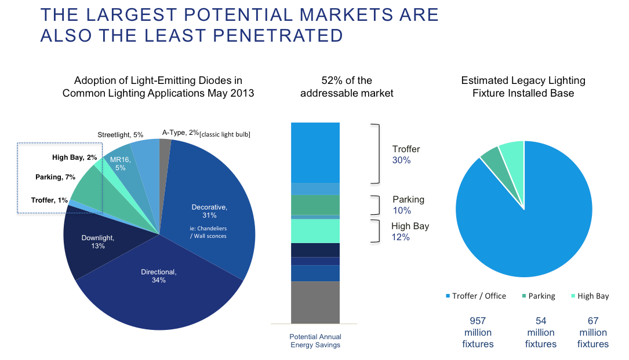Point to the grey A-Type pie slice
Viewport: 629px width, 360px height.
[165, 150]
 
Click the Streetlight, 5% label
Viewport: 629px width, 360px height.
[120, 135]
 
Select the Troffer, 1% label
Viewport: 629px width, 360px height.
[49, 200]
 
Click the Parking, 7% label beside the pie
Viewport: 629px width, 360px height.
[55, 177]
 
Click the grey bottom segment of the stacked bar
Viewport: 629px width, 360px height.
[315, 302]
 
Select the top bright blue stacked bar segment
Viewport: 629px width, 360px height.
[315, 152]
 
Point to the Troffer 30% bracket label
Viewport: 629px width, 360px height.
[406, 155]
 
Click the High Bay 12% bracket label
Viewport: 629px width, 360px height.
[410, 232]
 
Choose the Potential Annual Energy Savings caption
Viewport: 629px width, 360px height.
[315, 341]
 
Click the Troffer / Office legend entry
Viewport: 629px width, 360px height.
[475, 296]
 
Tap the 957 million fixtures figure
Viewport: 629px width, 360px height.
[478, 332]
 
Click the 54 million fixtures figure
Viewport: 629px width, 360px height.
[540, 332]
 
